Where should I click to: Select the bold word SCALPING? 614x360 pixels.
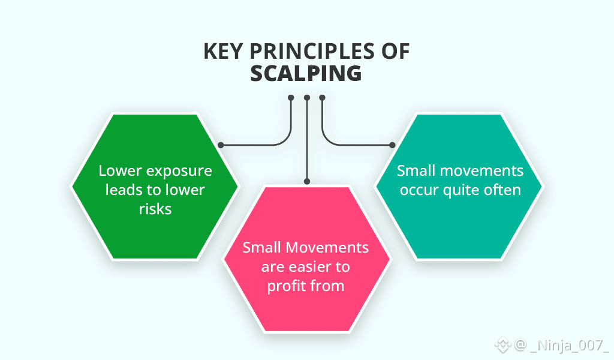point(306,73)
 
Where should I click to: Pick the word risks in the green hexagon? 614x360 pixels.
point(155,209)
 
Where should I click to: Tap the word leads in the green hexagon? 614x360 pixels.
point(122,190)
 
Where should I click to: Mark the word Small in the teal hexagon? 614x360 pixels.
point(416,171)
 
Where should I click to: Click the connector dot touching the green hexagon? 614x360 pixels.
point(221,145)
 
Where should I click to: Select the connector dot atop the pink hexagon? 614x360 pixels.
point(306,181)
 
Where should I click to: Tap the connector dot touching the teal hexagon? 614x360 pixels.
point(392,145)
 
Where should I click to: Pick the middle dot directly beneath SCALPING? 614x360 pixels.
point(306,97)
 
